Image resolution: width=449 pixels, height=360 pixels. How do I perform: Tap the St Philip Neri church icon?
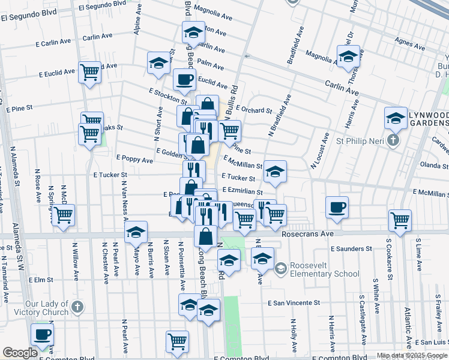[x=393, y=141]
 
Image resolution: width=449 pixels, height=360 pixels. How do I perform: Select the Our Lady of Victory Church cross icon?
[x=77, y=307]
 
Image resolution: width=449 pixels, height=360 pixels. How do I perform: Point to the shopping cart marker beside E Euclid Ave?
[x=89, y=73]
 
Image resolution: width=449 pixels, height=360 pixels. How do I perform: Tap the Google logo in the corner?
[x=20, y=353]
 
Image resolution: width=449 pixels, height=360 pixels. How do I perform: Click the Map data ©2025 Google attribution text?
[x=411, y=355]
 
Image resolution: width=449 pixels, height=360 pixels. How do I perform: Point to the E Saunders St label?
[x=351, y=248]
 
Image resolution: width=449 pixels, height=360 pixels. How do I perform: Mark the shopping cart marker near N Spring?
[x=62, y=215]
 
